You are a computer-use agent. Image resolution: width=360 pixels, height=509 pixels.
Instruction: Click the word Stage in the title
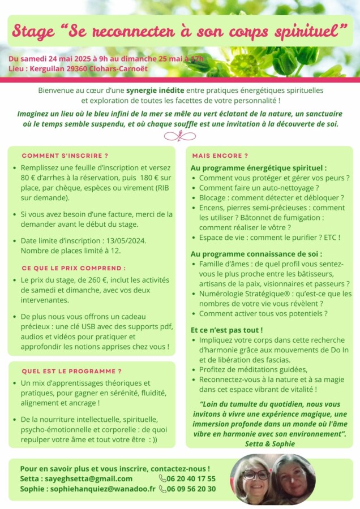[34, 31]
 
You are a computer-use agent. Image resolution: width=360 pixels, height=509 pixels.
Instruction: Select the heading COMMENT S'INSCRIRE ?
[65, 155]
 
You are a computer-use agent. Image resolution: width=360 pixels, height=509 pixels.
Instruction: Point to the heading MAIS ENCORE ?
[220, 155]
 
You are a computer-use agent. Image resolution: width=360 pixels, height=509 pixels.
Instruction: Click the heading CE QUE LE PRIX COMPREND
[74, 268]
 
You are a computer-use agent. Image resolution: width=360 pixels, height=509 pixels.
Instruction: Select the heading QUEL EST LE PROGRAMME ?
[71, 371]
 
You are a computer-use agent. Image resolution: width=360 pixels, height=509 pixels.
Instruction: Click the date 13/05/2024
[126, 240]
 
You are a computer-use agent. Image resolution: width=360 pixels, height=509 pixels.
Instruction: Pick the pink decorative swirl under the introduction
[179, 136]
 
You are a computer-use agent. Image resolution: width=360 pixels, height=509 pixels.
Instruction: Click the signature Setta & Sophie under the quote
[270, 444]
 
